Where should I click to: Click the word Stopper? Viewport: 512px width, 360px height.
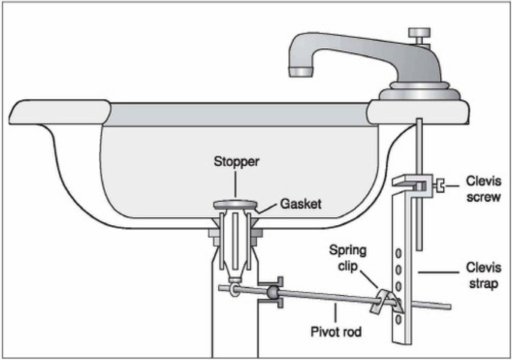[236, 162]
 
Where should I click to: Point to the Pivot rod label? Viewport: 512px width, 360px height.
[336, 331]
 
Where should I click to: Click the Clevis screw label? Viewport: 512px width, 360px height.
[484, 189]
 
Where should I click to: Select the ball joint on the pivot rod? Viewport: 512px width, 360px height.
[271, 294]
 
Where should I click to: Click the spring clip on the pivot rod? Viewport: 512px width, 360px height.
[380, 301]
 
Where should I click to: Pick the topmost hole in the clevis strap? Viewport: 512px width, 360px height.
[398, 254]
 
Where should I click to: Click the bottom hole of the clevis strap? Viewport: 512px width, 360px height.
[398, 320]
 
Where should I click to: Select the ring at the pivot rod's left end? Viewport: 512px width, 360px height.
[230, 290]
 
